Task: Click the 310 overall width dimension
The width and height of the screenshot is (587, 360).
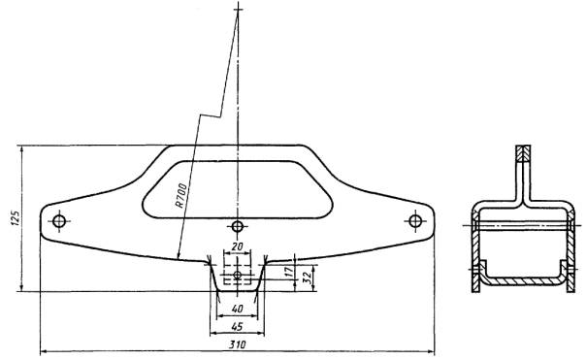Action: [237, 344]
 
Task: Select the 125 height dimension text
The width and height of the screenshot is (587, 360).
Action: [16, 217]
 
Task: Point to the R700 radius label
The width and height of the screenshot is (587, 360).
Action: [180, 195]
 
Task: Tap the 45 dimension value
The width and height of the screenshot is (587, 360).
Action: [236, 327]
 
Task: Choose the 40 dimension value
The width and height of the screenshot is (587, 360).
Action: [237, 309]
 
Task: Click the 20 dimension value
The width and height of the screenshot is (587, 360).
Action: [237, 246]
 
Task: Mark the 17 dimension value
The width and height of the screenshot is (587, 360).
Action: [288, 272]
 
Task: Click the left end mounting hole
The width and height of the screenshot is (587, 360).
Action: [59, 221]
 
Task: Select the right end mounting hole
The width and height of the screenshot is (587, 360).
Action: [415, 221]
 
